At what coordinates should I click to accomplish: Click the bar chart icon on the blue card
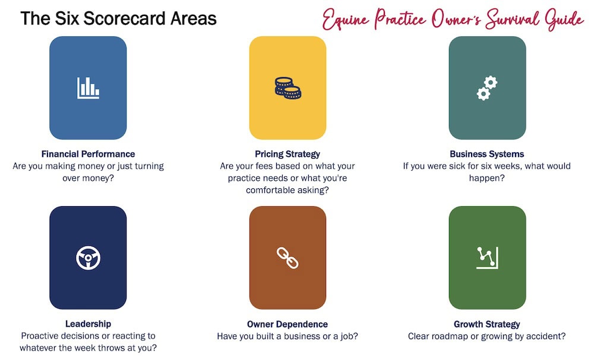tap(88, 88)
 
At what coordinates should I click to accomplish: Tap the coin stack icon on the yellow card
tap(288, 88)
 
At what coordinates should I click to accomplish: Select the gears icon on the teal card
tap(487, 88)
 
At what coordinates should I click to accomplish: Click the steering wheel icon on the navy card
tap(88, 258)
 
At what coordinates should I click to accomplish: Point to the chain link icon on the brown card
tap(287, 258)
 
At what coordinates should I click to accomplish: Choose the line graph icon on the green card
tap(487, 258)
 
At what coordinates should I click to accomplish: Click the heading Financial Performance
tap(88, 154)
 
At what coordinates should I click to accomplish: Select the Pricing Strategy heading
tap(287, 154)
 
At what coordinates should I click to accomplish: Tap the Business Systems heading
tap(487, 154)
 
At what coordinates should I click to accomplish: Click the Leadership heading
tap(88, 324)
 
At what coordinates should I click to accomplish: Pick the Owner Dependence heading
tap(287, 324)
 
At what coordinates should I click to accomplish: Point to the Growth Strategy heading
tap(487, 324)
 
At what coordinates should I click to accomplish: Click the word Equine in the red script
tap(346, 20)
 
